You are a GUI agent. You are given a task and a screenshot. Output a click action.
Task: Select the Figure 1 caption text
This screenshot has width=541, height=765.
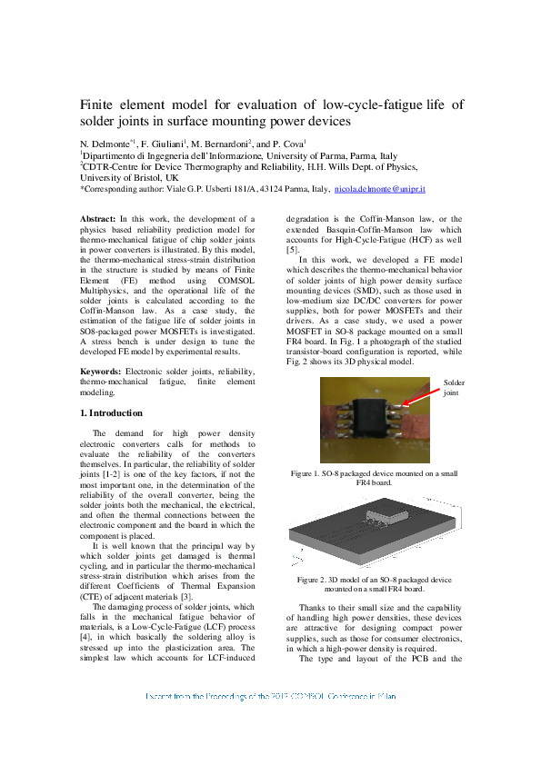(374, 479)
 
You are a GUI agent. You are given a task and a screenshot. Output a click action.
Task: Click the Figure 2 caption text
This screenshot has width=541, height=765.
(374, 584)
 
